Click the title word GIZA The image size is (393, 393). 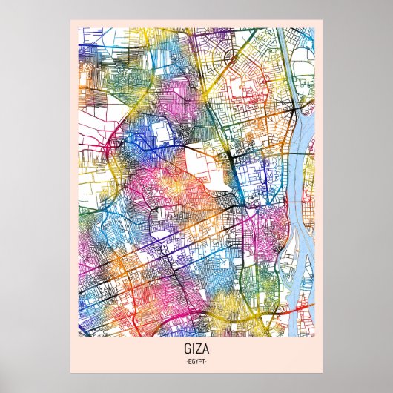pos(196,348)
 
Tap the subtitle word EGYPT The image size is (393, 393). pos(196,360)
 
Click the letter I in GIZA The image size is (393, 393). pos(192,348)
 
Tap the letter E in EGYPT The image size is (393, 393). pos(190,360)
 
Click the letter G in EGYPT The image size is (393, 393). pos(194,360)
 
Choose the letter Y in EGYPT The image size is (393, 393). pos(197,360)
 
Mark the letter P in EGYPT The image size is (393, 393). pos(200,360)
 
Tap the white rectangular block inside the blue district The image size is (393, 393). pos(161,134)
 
